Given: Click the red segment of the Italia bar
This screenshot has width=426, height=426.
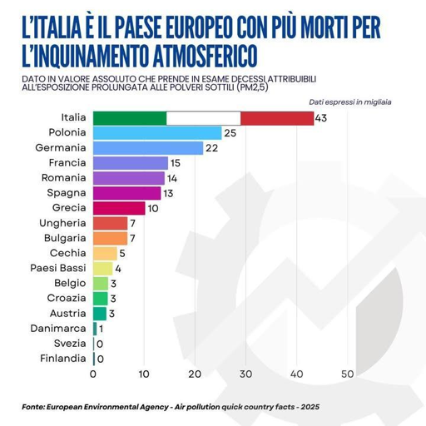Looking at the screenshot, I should (277, 118).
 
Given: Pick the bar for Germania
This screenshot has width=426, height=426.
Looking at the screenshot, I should (148, 148).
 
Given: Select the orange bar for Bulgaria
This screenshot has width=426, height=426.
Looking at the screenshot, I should (110, 238).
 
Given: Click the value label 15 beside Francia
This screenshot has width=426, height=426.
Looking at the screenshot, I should (175, 163).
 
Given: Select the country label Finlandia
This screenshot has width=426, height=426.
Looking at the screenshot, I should (62, 358).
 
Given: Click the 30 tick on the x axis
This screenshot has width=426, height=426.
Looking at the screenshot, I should (245, 374).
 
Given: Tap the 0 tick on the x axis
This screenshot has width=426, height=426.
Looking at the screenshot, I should (94, 374).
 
